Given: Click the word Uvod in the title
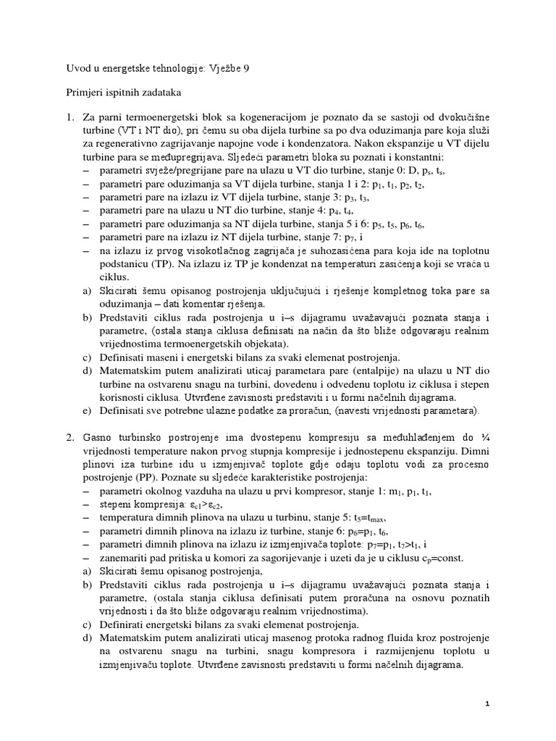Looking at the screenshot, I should [78, 68].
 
